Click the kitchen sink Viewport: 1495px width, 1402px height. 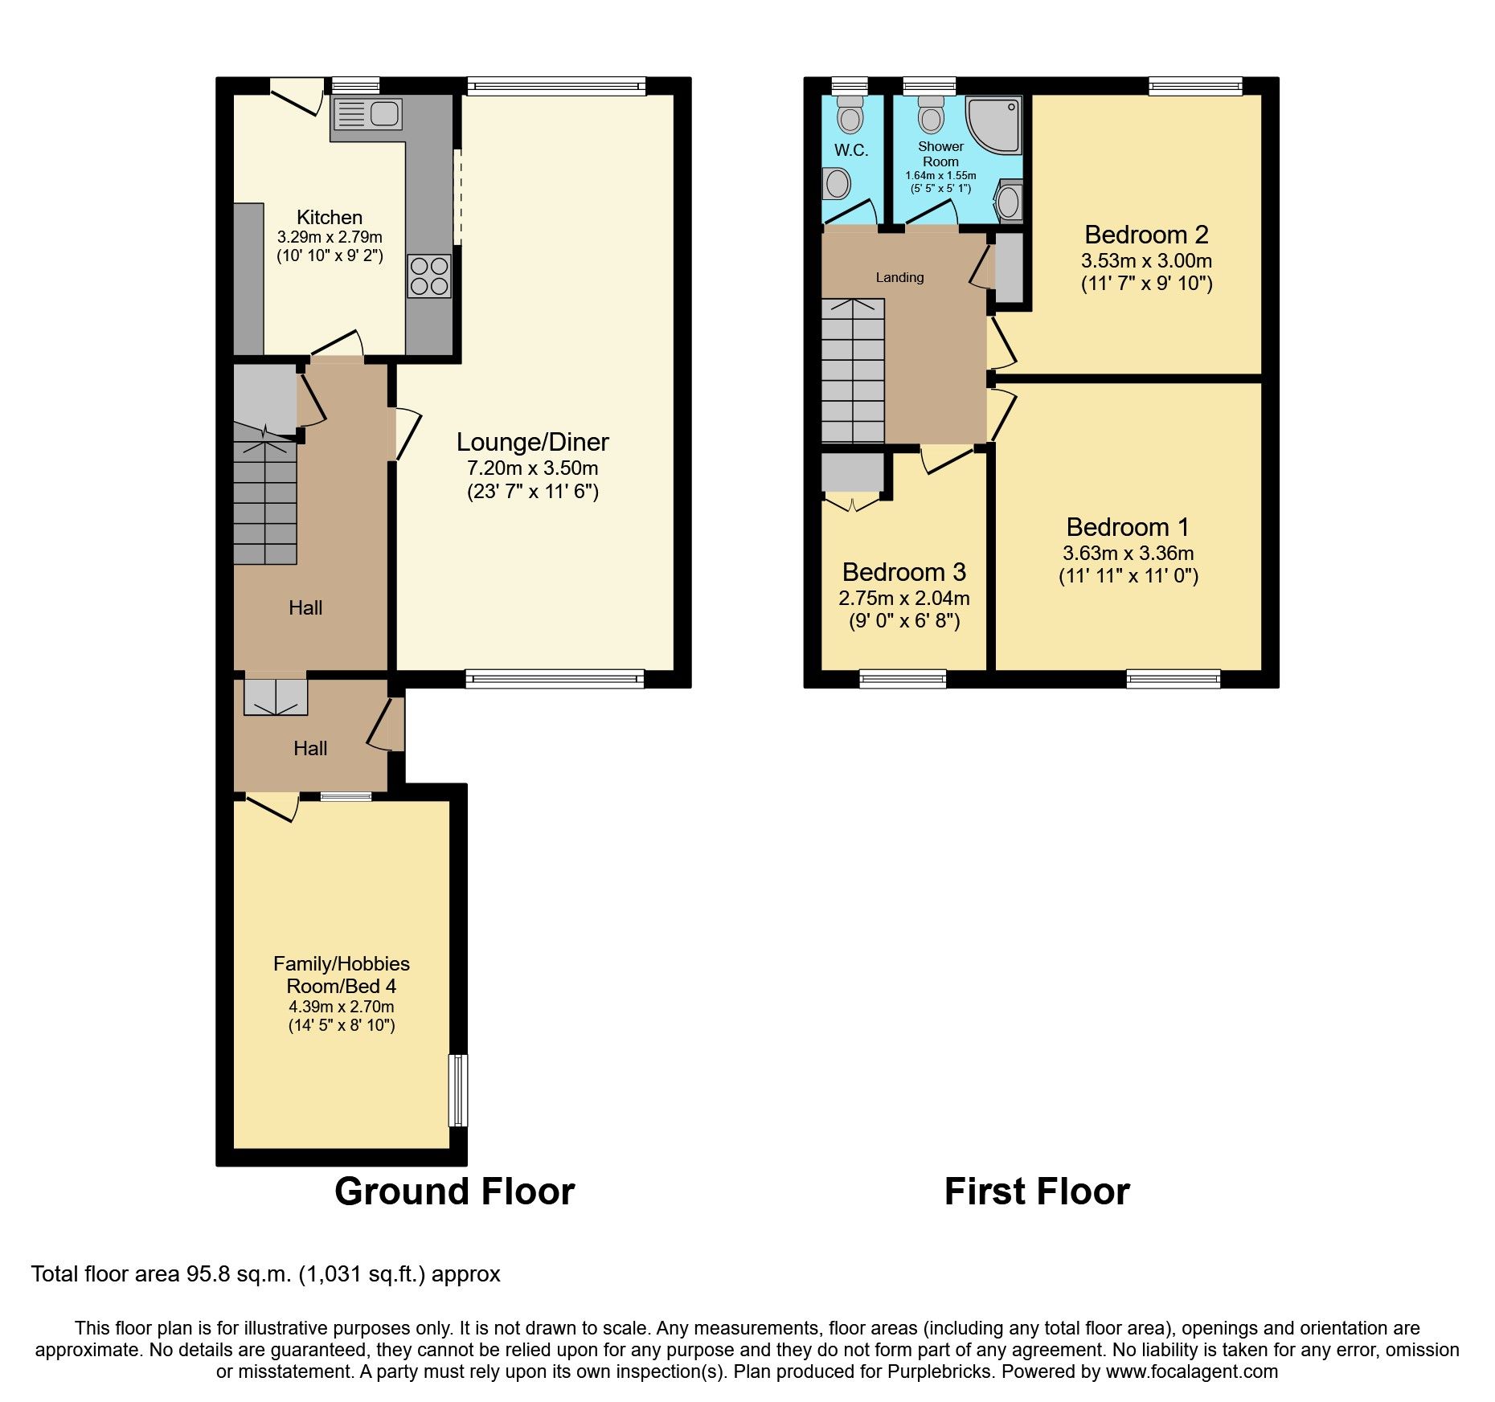367,114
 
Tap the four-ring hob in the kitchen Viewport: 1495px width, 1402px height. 429,276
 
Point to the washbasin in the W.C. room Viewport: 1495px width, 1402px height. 837,184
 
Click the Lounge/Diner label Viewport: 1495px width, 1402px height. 532,442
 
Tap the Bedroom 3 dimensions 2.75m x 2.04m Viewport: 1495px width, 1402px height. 903,599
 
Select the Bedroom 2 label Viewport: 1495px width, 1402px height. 1146,235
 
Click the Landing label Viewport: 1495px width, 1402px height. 899,277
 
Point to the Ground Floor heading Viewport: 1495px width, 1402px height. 454,1191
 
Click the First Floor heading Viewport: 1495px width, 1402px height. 1036,1191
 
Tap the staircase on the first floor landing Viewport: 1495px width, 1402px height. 853,370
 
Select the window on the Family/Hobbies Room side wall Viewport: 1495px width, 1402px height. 458,1090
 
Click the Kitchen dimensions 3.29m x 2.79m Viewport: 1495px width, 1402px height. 330,237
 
